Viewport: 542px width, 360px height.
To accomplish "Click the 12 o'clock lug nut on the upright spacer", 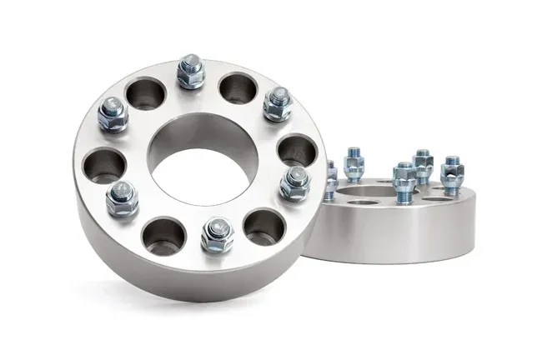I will tap(191, 74).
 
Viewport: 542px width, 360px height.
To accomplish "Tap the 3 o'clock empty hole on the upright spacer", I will tap(293, 150).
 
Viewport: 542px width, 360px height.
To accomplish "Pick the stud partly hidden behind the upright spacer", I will tap(331, 174).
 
